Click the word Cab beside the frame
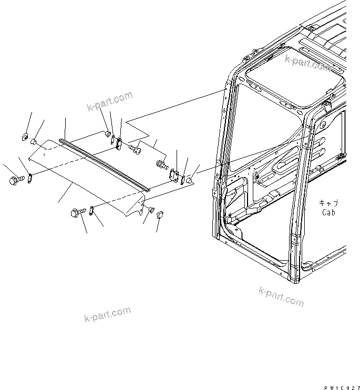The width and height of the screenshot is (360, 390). [x=328, y=213]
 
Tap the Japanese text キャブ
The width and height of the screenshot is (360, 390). [x=328, y=203]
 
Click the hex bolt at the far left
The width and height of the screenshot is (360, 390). [x=14, y=180]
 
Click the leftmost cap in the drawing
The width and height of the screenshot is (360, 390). [x=24, y=138]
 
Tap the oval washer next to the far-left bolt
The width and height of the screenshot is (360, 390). [x=30, y=177]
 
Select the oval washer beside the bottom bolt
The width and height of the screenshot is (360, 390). [x=91, y=210]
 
